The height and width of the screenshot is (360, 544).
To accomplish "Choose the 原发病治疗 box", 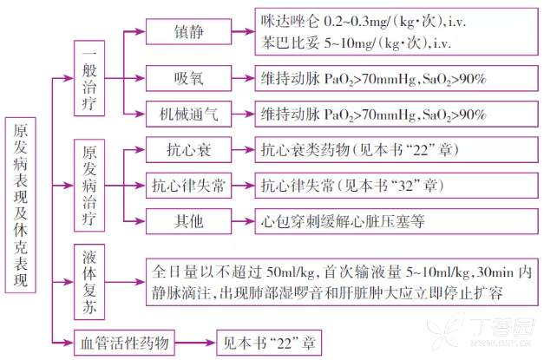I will (88, 185).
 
